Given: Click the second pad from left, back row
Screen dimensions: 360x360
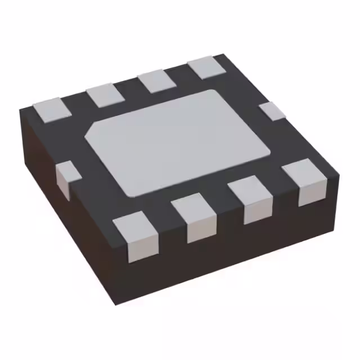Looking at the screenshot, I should (x=105, y=94).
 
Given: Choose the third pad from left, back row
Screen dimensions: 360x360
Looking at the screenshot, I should (x=157, y=81).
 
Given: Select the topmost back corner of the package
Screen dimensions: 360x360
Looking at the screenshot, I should (x=223, y=55).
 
